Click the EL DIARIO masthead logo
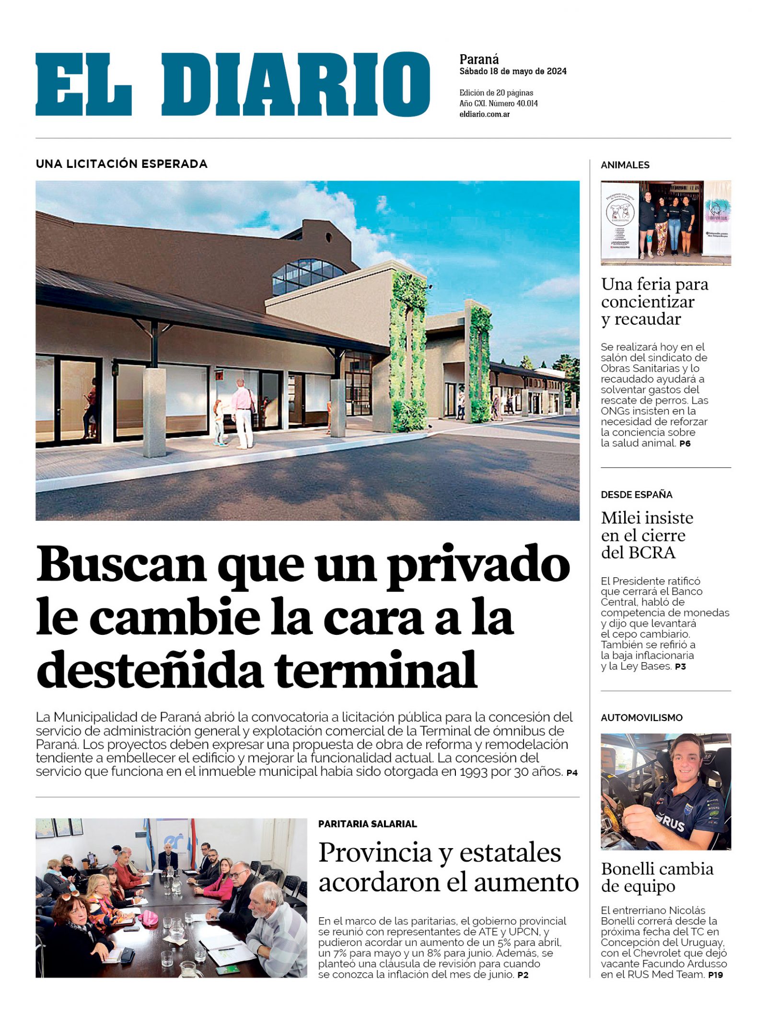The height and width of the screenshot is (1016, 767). (x=232, y=84)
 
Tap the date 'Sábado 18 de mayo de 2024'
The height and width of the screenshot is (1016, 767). (x=512, y=71)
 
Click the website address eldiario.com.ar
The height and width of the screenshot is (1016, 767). (x=484, y=115)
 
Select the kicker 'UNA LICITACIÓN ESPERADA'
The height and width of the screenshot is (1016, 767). (x=121, y=164)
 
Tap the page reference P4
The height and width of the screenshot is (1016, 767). (x=572, y=773)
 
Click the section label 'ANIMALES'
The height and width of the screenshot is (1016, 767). (x=625, y=165)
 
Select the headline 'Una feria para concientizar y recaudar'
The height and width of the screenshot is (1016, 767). (x=654, y=302)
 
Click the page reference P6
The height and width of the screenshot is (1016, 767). (x=685, y=444)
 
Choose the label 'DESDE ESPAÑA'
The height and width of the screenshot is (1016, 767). (x=637, y=494)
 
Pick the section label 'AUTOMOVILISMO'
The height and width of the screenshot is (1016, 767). (x=641, y=718)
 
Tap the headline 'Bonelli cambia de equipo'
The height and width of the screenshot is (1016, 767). (x=657, y=877)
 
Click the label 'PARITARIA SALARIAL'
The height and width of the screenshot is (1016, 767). (x=367, y=824)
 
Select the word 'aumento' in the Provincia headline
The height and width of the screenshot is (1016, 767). (x=526, y=883)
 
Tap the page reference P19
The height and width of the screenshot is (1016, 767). (x=715, y=975)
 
